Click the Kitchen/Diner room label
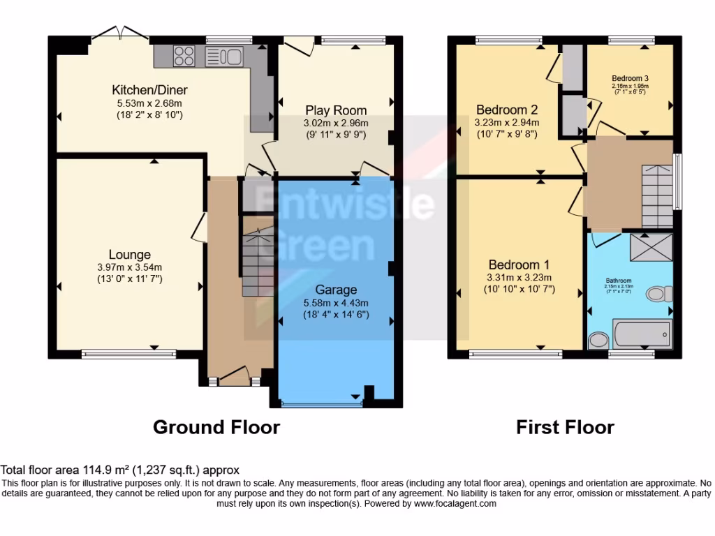[149, 90]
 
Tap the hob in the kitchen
[184, 55]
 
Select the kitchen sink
[223, 56]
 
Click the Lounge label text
[129, 255]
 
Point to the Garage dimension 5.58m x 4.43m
[336, 302]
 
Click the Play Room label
[335, 110]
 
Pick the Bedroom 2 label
[506, 110]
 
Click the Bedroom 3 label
[630, 78]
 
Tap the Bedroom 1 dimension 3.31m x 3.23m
[519, 277]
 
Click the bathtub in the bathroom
[641, 334]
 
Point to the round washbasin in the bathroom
[598, 341]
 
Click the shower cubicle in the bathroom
[651, 246]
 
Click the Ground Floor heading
[216, 426]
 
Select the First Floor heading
[565, 426]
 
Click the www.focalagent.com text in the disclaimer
[455, 503]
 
